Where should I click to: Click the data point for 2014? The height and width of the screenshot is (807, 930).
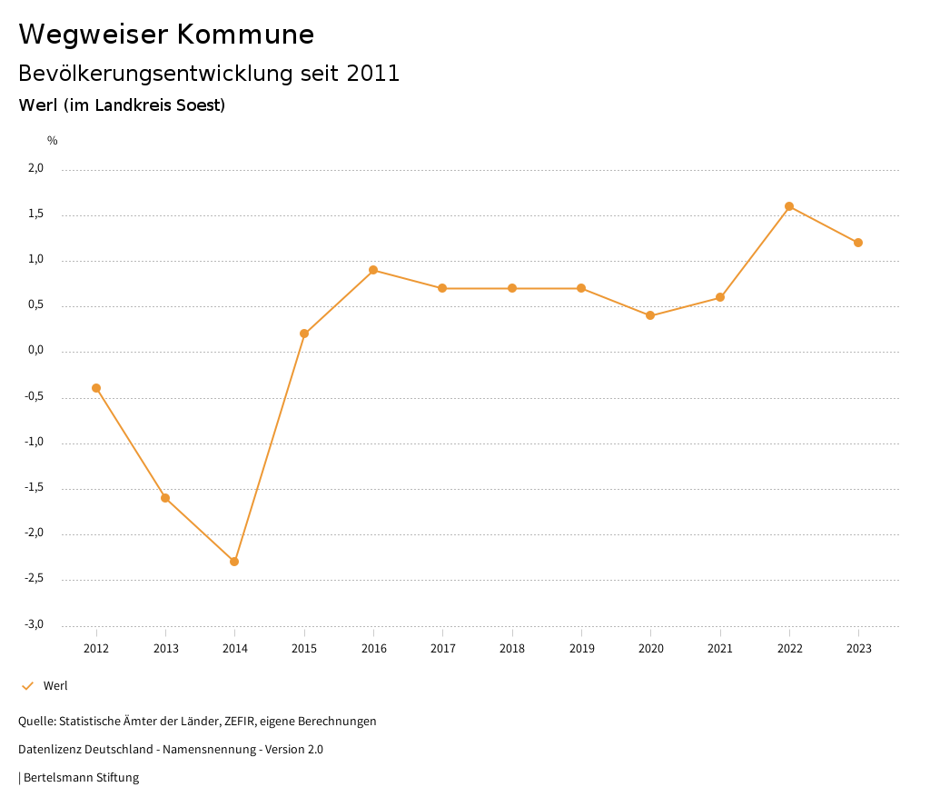(234, 562)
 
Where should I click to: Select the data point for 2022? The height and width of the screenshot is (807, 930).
(789, 206)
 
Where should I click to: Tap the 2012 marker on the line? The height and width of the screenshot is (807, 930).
(96, 388)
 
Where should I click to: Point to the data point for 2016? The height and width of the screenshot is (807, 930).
(373, 270)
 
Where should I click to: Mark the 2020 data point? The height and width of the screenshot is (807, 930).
(650, 315)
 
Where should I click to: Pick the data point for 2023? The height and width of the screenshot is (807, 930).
(858, 243)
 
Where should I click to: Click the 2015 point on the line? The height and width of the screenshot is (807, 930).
(304, 334)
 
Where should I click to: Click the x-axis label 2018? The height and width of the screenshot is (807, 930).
(512, 648)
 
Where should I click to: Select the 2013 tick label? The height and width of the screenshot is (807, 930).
(165, 648)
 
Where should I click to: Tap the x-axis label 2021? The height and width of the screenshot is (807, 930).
(720, 648)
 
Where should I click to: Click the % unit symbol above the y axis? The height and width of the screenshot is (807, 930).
(53, 141)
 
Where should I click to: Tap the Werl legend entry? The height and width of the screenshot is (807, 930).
(55, 686)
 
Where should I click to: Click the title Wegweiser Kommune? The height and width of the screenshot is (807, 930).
(166, 35)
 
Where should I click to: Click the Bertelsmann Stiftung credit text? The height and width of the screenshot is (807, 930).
(81, 778)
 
